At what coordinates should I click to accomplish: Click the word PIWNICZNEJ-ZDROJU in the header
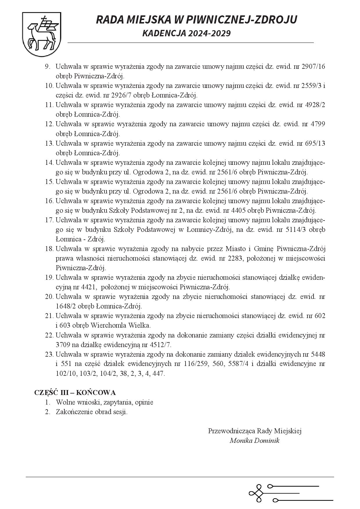pos(242,20)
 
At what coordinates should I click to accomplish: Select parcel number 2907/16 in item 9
pos(313,66)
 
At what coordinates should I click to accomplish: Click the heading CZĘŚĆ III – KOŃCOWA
pos(75,393)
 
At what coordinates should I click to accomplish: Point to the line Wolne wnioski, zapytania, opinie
pos(105,402)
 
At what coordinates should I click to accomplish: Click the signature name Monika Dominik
pos(254,441)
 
